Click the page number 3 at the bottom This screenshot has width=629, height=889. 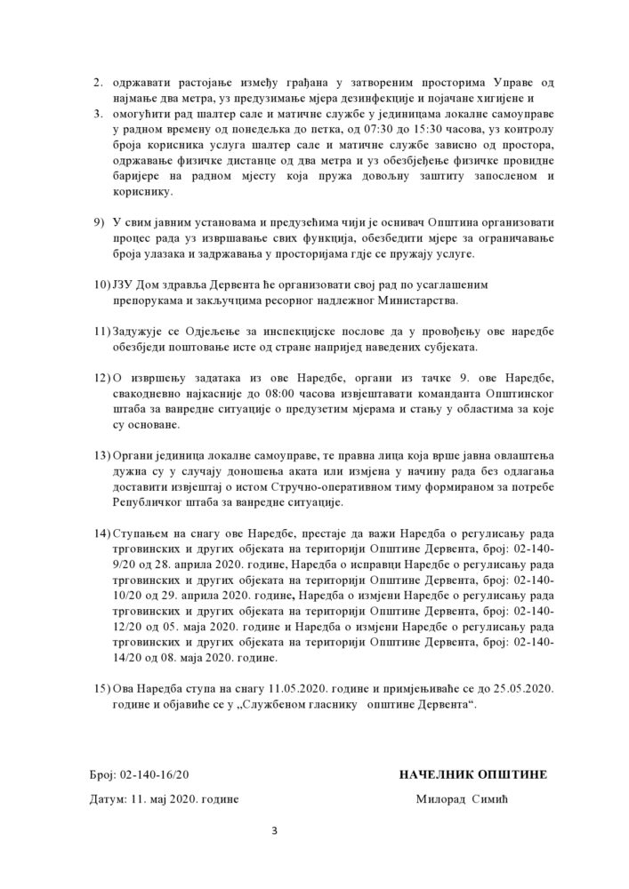coord(276,831)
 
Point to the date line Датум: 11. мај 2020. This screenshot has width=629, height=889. coord(165,798)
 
